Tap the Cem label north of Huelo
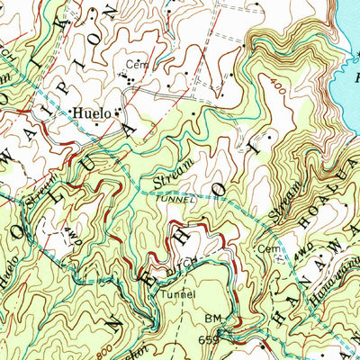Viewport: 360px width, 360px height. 135,65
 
